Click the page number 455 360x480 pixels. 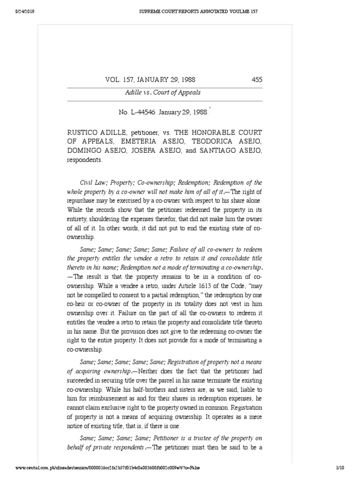click(x=257, y=80)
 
